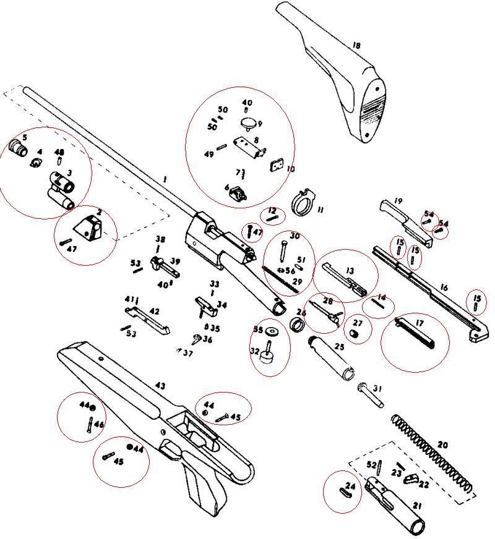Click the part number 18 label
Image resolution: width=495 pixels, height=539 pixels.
tap(356, 46)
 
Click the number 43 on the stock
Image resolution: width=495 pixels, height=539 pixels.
tap(160, 386)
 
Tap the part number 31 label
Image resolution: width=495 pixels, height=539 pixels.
tap(377, 388)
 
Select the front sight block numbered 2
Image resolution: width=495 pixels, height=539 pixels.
tap(90, 226)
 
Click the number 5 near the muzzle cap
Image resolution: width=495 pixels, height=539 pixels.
tap(25, 137)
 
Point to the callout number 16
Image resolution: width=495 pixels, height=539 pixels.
tap(444, 288)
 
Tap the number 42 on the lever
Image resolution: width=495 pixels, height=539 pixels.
tap(154, 312)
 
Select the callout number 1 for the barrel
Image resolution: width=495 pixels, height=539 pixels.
tap(165, 179)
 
